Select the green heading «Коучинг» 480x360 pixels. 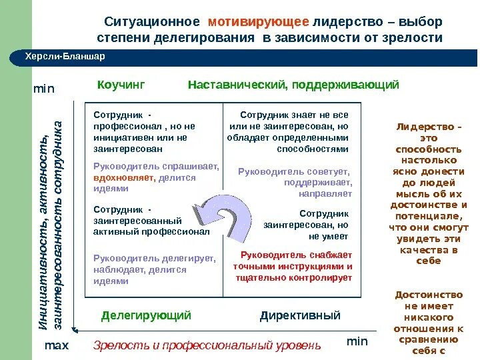pos(121,85)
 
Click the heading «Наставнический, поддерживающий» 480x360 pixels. pos(293,85)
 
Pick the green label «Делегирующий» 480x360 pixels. pos(146,315)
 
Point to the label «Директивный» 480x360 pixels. pos(300,315)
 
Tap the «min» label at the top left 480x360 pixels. pos(44,89)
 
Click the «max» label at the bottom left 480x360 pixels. pos(57,346)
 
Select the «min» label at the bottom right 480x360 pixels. pos(357,341)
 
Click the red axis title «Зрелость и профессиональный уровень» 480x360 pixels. pos(207,345)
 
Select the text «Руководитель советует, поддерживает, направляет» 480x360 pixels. pos(295,182)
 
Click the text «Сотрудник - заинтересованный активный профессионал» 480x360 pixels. pos(151,220)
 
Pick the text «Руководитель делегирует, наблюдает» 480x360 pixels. pos(154,264)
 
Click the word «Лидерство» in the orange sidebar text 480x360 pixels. pos(429,127)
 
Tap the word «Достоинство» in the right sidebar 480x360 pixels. pos(428,295)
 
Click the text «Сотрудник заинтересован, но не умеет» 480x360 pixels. pos(306,225)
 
